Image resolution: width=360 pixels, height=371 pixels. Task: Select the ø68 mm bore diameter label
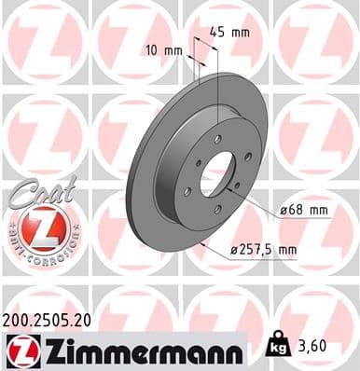pyautogui.click(x=304, y=212)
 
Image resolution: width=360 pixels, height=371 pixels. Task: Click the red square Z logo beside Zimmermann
pyautogui.click(x=19, y=350)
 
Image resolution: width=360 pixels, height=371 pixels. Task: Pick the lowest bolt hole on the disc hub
pyautogui.click(x=217, y=210)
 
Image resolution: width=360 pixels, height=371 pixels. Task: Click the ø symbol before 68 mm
pyautogui.click(x=284, y=212)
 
